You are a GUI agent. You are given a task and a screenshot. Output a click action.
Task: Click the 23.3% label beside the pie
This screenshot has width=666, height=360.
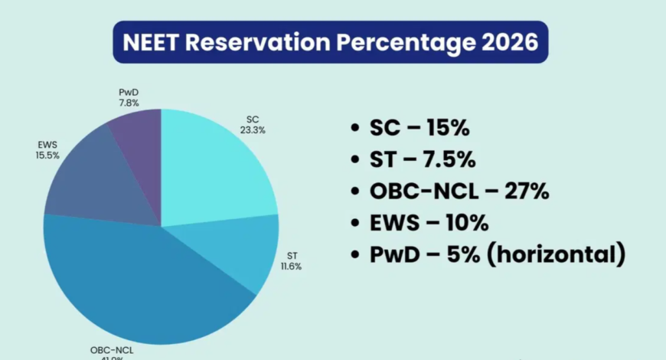point(253,130)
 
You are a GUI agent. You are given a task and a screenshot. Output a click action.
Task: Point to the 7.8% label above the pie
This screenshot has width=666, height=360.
point(128,103)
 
